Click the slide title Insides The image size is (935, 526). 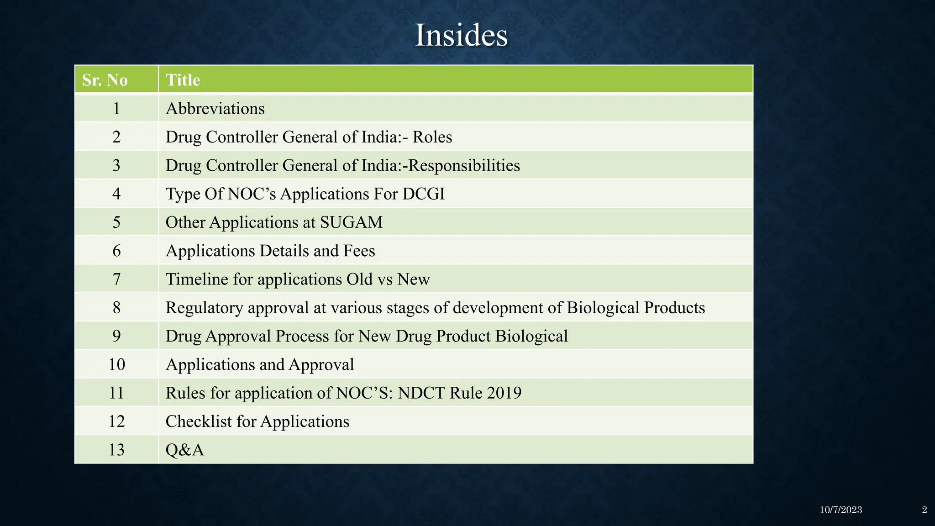click(461, 35)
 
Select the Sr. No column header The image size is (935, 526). click(105, 80)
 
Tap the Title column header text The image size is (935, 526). click(183, 80)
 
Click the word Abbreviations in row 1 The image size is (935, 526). click(215, 109)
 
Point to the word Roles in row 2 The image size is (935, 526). click(432, 137)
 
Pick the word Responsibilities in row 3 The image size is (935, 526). click(464, 165)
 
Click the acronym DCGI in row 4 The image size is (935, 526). click(423, 194)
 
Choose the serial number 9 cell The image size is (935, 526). click(116, 336)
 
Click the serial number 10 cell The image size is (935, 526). click(116, 364)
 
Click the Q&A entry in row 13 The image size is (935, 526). click(184, 450)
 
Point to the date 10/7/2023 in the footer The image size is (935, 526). click(840, 510)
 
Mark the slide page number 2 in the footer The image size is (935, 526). click(924, 510)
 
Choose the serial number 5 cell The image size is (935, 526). click(116, 222)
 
